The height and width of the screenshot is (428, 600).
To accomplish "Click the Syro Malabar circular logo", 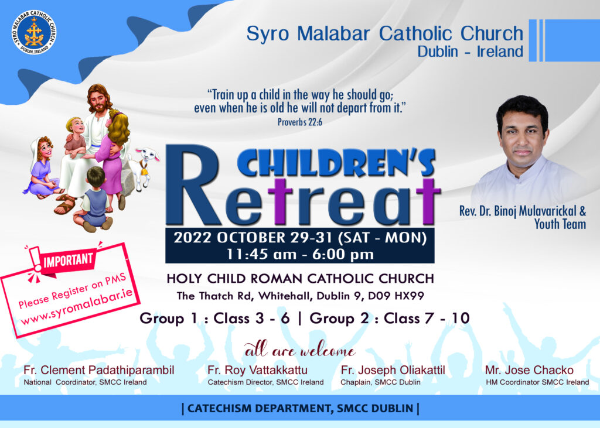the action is coord(33,33).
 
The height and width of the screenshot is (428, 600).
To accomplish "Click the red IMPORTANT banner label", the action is coord(68,261).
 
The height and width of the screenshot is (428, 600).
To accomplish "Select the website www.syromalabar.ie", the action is coord(77,306).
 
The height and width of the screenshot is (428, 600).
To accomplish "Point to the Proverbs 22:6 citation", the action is coord(299,122).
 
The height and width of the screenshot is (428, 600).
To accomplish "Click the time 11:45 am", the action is coord(261,254).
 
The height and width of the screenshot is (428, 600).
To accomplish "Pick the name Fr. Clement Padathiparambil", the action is coord(98,370).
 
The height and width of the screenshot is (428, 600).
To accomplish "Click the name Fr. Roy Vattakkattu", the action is coord(257,370).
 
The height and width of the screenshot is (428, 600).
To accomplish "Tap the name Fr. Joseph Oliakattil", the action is coord(393,370).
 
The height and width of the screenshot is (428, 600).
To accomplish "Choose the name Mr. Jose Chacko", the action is coord(529,370).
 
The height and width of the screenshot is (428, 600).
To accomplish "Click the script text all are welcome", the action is coord(300,350).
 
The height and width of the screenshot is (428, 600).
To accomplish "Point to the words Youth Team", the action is coord(560,224).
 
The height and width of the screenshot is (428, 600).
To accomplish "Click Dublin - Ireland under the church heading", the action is coord(470,52).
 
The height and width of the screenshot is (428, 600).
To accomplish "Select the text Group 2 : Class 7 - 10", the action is coord(390,319).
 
